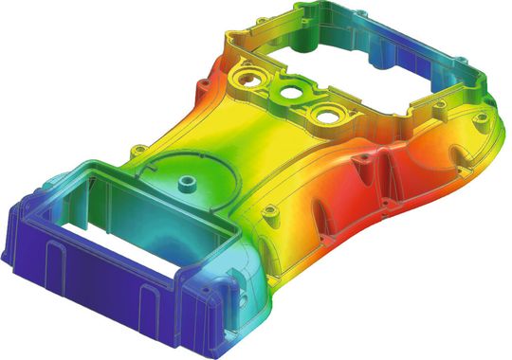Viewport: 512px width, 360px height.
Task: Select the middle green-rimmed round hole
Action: [x=289, y=95]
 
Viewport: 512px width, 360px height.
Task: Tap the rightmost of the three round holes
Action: [x=325, y=116]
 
